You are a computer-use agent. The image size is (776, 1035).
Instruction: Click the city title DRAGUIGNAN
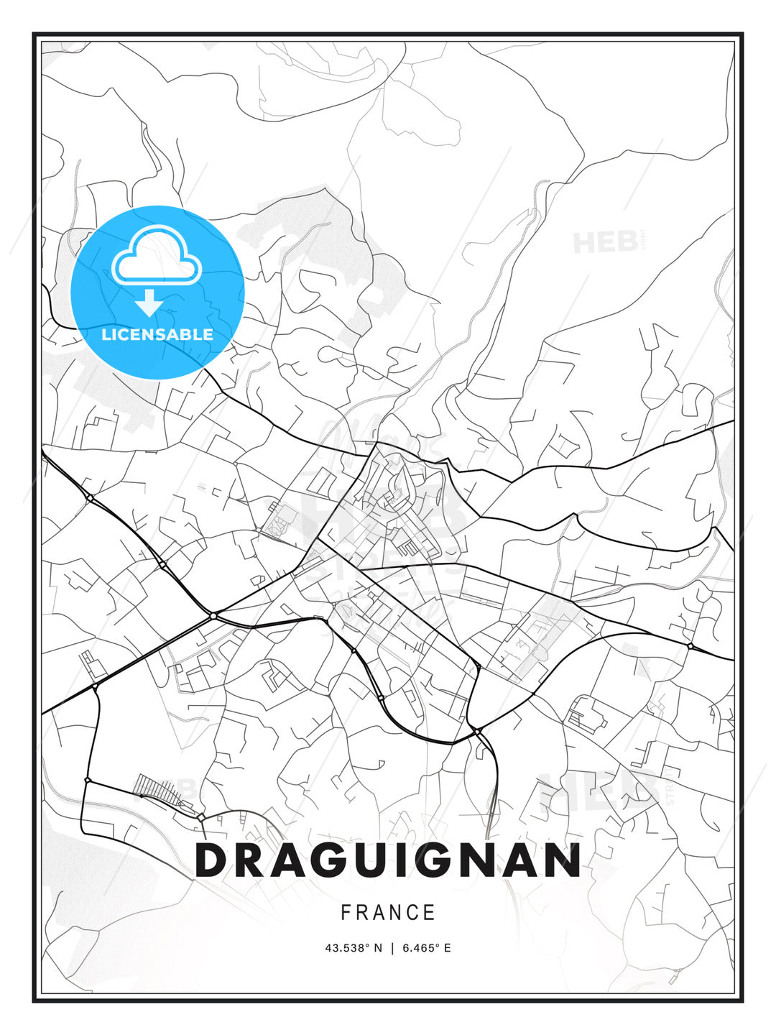(x=388, y=860)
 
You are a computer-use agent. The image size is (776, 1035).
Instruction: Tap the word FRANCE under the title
(x=388, y=913)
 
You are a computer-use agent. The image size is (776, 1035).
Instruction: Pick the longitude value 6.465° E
(x=427, y=948)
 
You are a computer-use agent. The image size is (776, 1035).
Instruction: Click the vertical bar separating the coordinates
(x=392, y=948)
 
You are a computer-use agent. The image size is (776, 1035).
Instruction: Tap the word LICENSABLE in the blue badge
(x=157, y=335)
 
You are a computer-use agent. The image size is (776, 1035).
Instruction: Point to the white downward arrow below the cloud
(x=149, y=303)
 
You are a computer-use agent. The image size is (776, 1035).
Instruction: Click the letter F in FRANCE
(x=346, y=913)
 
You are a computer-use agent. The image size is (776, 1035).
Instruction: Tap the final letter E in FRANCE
(x=430, y=913)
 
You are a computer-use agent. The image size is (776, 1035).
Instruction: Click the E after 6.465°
(x=447, y=948)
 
